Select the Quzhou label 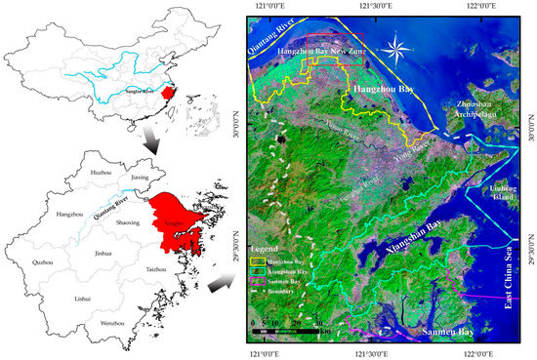point(71,262)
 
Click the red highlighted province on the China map point(167,95)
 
